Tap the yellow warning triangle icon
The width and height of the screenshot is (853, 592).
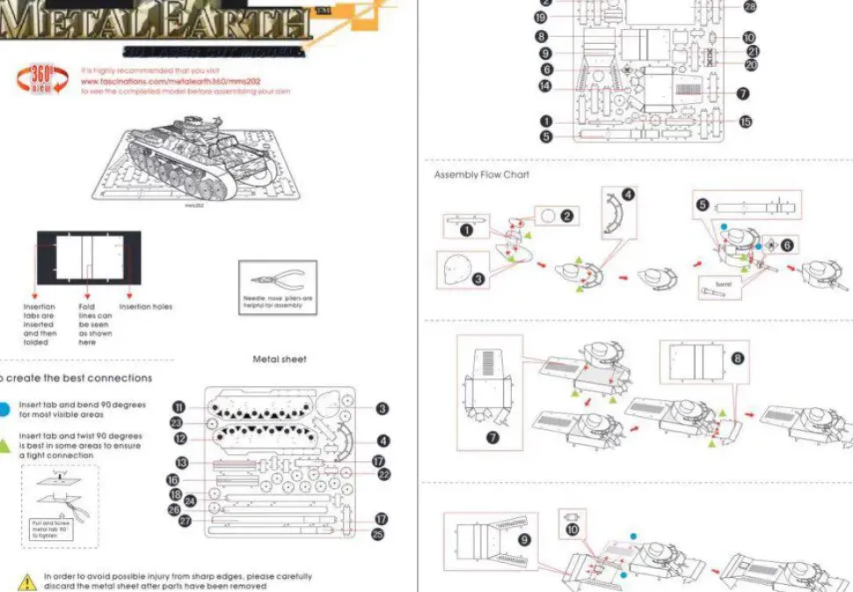26,581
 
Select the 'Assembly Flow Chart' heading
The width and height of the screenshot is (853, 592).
481,175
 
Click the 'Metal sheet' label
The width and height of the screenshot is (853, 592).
280,359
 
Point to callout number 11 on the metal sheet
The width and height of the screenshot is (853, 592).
179,406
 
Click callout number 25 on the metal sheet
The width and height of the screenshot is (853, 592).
377,533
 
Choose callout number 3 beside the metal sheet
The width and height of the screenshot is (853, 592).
383,408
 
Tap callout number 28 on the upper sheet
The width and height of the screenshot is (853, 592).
749,7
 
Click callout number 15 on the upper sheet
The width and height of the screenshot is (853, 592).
746,122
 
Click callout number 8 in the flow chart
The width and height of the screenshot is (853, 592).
737,358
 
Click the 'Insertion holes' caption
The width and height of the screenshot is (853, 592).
146,307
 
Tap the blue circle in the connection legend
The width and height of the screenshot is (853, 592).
4,409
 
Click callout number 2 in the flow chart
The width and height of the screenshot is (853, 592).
567,215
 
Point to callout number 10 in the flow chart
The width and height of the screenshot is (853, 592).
572,530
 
